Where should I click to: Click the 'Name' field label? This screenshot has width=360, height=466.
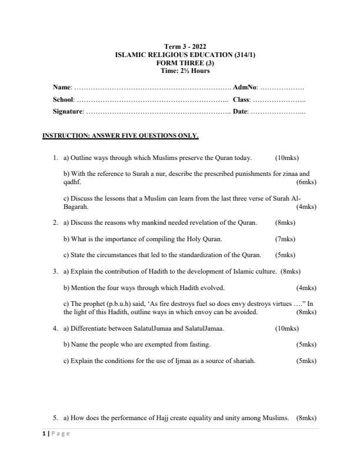(x=62, y=87)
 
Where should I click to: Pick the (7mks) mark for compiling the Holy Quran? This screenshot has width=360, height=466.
(x=285, y=239)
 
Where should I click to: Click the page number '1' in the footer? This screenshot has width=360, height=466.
(x=44, y=434)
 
